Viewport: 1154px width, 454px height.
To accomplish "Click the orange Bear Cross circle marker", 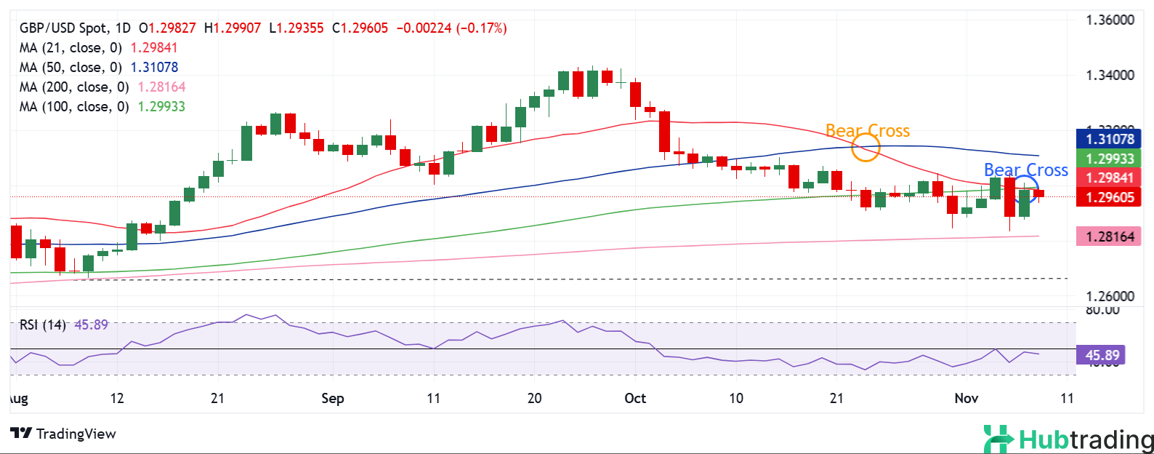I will pos(865,148).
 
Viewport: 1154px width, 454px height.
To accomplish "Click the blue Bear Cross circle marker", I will pos(1025,188).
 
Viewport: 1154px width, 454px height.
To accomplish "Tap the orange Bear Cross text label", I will pos(868,131).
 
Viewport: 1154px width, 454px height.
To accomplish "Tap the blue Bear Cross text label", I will pos(1025,170).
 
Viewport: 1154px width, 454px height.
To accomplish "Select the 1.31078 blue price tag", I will pos(1109,139).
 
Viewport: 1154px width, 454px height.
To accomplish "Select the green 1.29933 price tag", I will pos(1109,159).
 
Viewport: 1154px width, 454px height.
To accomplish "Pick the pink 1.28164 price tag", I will pos(1109,236).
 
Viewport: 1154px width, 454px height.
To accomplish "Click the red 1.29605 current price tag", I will pos(1109,197).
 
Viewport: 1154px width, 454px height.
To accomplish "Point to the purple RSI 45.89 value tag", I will pos(1102,355).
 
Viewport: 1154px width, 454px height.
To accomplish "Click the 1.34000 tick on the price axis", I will pos(1110,76).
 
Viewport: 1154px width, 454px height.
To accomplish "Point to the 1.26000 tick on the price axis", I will pos(1110,296).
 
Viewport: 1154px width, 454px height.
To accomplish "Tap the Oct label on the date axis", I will pos(635,398).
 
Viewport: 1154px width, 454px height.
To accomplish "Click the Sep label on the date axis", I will pos(332,398).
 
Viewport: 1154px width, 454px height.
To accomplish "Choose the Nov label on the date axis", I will pos(966,398).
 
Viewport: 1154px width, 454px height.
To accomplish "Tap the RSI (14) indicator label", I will pos(42,324).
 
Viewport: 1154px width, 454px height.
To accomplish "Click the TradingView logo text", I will pos(64,434).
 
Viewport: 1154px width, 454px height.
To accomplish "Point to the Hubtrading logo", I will pos(1068,439).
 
